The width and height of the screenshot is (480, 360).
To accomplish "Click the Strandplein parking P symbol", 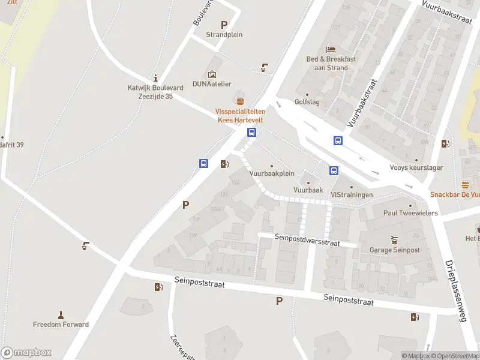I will pos(224,25).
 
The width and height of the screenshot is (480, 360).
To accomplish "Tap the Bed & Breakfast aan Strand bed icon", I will pos(331,49).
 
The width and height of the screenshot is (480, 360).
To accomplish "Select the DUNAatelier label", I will pos(211,84).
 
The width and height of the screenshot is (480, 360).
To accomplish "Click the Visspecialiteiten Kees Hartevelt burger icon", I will pos(240,101).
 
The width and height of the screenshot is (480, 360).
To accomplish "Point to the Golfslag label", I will pos(307,102).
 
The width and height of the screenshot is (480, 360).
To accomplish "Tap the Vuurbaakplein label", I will pos(272,173).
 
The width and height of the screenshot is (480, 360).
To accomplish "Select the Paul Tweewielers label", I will pos(411,213).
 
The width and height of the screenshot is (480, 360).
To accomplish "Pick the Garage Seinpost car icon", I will pos(394,239).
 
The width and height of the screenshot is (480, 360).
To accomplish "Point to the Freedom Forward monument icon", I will pos(61,314).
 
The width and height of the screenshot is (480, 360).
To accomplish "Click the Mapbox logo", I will pos(26,353).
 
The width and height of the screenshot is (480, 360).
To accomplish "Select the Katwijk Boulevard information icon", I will pos(156,77).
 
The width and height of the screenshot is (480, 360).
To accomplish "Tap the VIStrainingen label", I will pos(352,195).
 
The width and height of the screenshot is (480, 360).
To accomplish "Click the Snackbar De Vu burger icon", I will pos(465,184).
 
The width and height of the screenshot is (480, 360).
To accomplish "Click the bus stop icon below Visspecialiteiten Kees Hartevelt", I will pos(252,133).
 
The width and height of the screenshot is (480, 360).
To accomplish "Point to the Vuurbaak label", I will pos(308,190).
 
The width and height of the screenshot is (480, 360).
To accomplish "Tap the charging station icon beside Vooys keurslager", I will pos(445,143).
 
